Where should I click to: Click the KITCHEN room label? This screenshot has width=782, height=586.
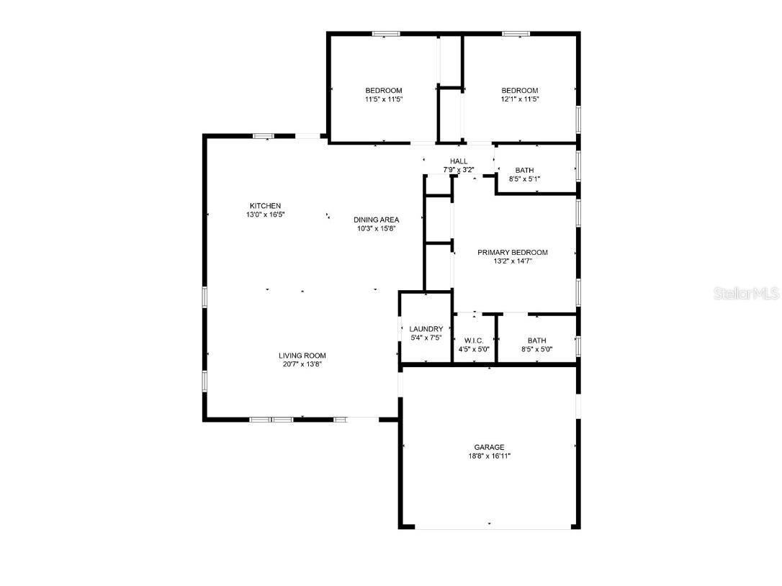point(265,206)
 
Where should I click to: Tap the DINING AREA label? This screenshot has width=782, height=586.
point(376,220)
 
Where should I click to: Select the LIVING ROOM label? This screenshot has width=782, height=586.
point(302,356)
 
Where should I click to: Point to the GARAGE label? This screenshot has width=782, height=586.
point(489,447)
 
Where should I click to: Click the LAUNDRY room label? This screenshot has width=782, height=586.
point(426,329)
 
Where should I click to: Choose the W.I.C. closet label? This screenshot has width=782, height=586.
point(474,341)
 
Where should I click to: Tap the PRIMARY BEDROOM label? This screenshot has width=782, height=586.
point(513,253)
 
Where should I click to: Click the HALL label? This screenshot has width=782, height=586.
point(459,161)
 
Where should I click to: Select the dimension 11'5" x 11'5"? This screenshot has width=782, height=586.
point(383,99)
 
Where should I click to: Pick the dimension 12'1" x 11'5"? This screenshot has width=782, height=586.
point(520,99)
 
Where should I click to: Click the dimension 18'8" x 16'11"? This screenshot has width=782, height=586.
point(489,456)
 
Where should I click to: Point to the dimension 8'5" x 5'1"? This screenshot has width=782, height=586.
point(524,179)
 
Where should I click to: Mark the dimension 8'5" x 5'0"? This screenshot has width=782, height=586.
point(536,350)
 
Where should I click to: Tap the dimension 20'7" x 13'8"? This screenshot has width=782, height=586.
point(302,364)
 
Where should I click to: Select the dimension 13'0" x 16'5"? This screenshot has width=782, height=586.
point(265,215)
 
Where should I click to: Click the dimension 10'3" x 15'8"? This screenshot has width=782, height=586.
point(376,228)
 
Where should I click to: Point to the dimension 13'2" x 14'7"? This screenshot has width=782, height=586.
point(513,261)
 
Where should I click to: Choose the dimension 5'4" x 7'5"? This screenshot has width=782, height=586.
point(426,338)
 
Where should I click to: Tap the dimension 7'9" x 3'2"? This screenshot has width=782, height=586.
point(459,170)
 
